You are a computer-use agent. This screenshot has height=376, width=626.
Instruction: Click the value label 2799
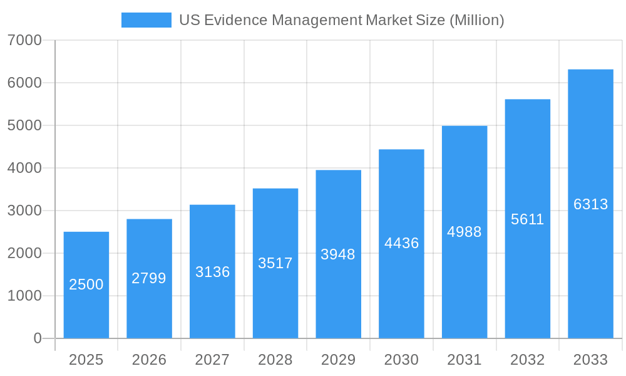pos(149,278)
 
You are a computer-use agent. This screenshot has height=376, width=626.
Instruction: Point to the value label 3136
pos(213,272)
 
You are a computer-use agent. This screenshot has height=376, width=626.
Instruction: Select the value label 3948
pos(338,254)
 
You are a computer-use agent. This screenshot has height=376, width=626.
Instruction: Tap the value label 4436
pos(401,243)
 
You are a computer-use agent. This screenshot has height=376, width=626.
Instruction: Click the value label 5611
pos(528,219)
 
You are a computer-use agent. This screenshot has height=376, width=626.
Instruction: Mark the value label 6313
pos(590,204)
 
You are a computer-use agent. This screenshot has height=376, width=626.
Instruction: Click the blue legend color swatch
pos(146,20)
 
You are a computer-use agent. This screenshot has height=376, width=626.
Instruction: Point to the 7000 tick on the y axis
pos(24,40)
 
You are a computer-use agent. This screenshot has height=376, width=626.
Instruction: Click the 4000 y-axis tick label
pos(24,168)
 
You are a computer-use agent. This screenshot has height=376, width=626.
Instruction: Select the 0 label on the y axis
pos(37,338)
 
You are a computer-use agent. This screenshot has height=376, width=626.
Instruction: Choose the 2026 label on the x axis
pos(149,360)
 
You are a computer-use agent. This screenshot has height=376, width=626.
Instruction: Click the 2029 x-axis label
pos(338,360)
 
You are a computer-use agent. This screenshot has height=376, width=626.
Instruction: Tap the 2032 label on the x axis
pos(528,360)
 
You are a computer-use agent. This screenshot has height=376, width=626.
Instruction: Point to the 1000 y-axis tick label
pos(24,296)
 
